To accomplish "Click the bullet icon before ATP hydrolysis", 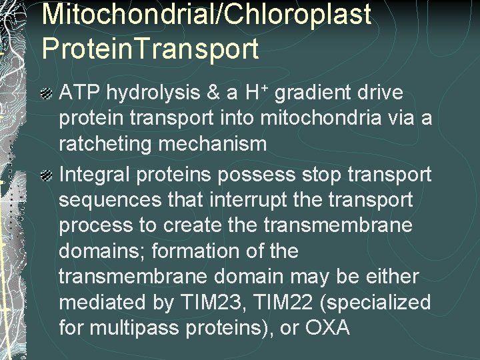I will pos(47,94).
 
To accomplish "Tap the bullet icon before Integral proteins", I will pos(47,175).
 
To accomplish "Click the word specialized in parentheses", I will pos(385,303).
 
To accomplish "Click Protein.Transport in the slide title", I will pos(150,47).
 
